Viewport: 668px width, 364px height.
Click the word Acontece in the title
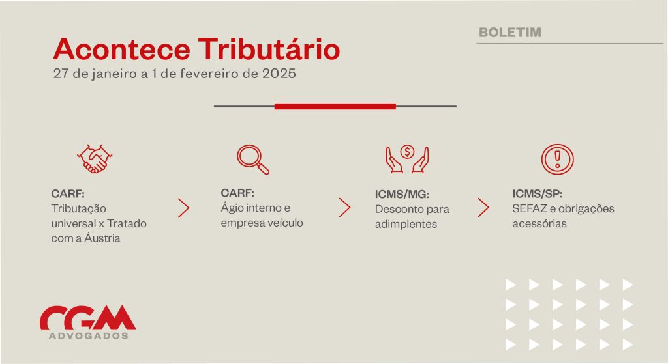point(121,49)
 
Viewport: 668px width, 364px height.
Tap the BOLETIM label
point(510,33)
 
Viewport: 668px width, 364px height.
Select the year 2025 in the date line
point(279,74)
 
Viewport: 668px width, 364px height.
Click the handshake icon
point(95,159)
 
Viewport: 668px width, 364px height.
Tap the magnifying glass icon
point(253,160)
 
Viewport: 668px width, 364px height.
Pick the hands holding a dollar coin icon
point(407,159)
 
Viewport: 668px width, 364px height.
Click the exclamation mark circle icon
point(557,159)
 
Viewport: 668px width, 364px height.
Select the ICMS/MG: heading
point(402,194)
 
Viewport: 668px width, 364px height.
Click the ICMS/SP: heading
point(538,194)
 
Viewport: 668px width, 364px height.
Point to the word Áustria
point(102,238)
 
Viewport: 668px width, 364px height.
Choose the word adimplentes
point(406,224)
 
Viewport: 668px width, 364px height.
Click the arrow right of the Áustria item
point(183,208)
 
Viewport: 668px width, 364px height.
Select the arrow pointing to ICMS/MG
point(344,208)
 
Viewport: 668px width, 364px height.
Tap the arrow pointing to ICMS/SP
point(483,208)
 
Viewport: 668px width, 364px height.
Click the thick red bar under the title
point(335,106)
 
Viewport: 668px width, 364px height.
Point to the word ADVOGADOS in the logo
point(89,335)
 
